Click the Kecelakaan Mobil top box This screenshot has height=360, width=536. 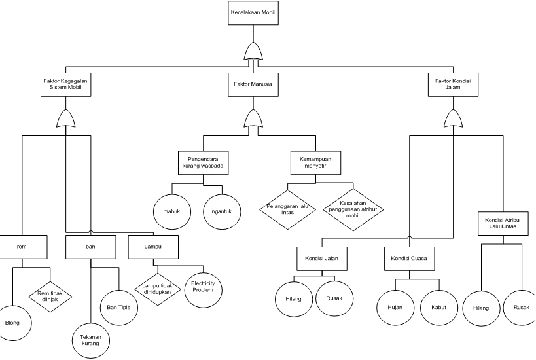[x=253, y=13]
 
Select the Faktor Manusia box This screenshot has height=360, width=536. [x=253, y=84]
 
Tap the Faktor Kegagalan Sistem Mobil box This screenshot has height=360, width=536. [x=66, y=84]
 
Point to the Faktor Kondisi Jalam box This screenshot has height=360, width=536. [x=453, y=84]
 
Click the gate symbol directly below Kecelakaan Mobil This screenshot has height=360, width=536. [x=253, y=52]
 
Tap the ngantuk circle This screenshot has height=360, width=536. [x=222, y=211]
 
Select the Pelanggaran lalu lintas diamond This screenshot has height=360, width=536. [x=287, y=209]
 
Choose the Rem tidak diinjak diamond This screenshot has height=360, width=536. [x=50, y=297]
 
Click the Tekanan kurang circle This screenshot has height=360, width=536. [x=90, y=340]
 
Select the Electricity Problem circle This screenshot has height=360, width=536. [x=204, y=289]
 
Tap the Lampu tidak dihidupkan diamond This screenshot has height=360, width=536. [x=157, y=289]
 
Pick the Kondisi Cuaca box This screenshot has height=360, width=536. [x=409, y=259]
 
